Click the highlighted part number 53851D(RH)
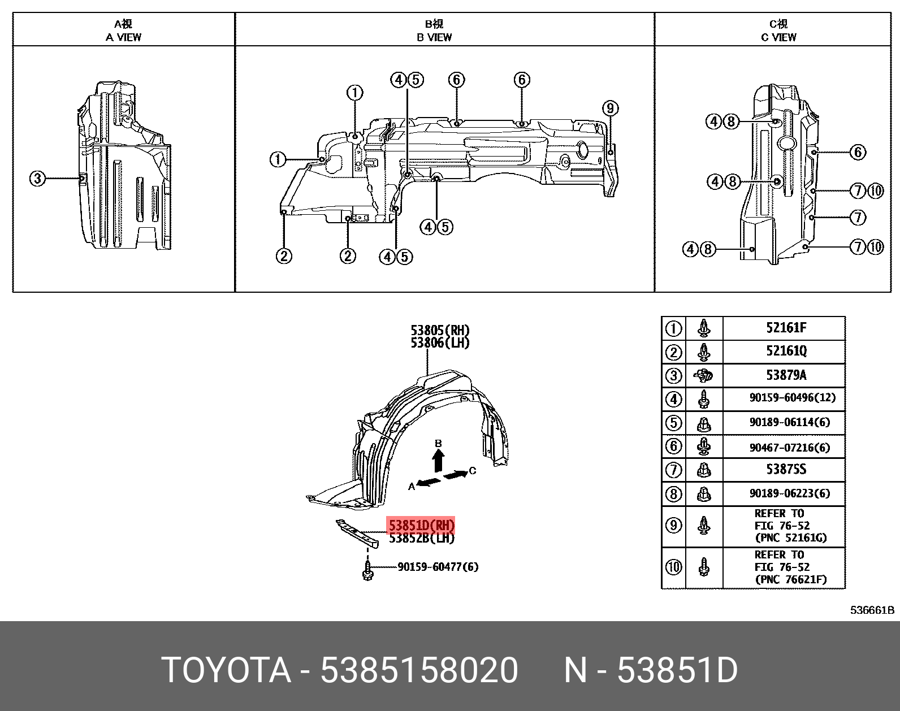[x=421, y=526]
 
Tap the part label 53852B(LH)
[x=422, y=539]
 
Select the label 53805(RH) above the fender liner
[x=440, y=330]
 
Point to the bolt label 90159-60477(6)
[x=438, y=567]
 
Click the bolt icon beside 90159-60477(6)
[x=367, y=570]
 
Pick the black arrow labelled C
[x=456, y=474]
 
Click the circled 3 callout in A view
[x=37, y=179]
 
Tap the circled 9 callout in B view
[x=610, y=109]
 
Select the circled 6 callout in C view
[x=858, y=152]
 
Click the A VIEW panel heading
[x=123, y=31]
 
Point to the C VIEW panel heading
[x=778, y=31]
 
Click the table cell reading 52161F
[x=786, y=328]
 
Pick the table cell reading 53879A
[x=786, y=375]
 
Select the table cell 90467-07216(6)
[x=789, y=448]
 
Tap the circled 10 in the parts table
[x=673, y=567]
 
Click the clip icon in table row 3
[x=704, y=375]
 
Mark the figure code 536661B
[x=872, y=610]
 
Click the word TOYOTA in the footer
[x=226, y=670]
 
